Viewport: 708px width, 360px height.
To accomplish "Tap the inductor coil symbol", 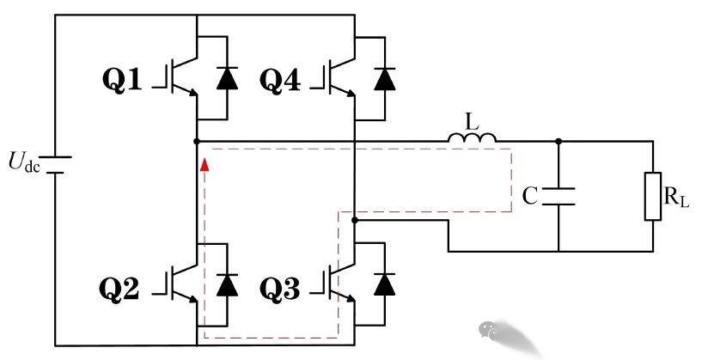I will coord(471,137).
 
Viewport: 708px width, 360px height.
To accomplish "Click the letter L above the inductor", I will coord(471,119).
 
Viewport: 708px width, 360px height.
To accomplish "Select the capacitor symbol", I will coord(558,195).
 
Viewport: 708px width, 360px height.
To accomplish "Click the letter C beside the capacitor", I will coord(530,197).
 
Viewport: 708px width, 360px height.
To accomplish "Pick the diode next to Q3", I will coord(383,284).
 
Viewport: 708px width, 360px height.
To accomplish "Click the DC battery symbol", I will coord(55,163).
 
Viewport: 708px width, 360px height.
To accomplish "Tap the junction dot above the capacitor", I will coord(558,140).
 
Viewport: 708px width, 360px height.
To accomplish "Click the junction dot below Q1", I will coord(198,140).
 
